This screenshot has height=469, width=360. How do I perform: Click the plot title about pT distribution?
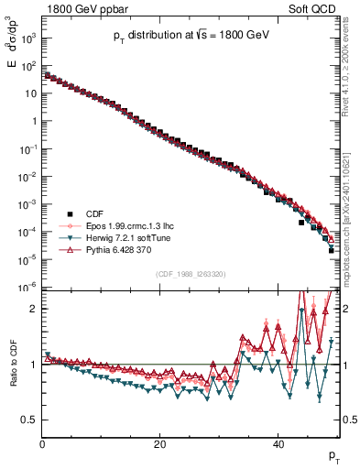click(191, 35)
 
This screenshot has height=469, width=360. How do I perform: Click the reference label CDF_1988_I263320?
click(191, 273)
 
